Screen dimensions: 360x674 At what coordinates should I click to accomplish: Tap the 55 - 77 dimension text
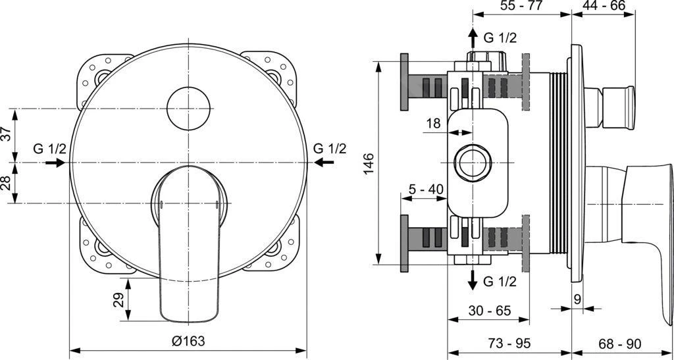[x=522, y=8]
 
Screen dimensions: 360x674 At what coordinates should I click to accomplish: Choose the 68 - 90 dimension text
[x=619, y=344]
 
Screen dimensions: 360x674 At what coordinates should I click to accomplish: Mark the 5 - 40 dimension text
[x=426, y=190]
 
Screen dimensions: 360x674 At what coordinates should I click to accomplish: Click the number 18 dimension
[x=432, y=123]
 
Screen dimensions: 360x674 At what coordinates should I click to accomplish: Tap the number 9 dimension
[x=577, y=299]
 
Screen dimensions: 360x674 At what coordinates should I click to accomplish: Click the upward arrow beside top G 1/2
[x=472, y=38]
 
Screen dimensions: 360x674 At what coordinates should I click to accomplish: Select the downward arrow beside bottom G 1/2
[x=472, y=280]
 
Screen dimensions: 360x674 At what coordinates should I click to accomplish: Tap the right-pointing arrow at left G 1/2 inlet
[x=55, y=163]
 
